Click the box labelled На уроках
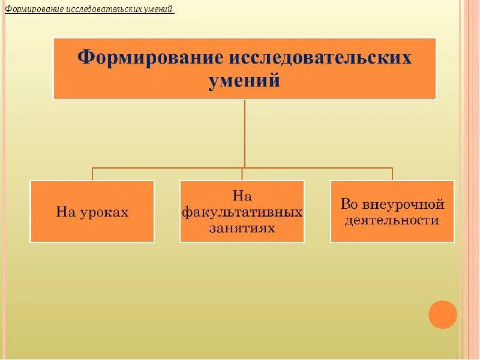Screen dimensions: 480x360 tap(92, 212)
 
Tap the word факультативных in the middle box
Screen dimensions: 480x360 tap(242, 212)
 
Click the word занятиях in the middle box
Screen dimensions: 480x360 tap(242, 228)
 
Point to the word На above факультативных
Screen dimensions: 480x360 tap(242, 196)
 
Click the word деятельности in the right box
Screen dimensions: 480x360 tap(391, 220)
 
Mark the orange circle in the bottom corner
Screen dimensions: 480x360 tap(443, 314)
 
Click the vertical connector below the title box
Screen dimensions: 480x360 tap(245, 132)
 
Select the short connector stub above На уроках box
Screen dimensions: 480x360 tap(92, 174)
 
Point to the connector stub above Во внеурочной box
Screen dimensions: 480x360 tap(392, 174)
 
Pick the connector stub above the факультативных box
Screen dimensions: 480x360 tap(242, 174)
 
